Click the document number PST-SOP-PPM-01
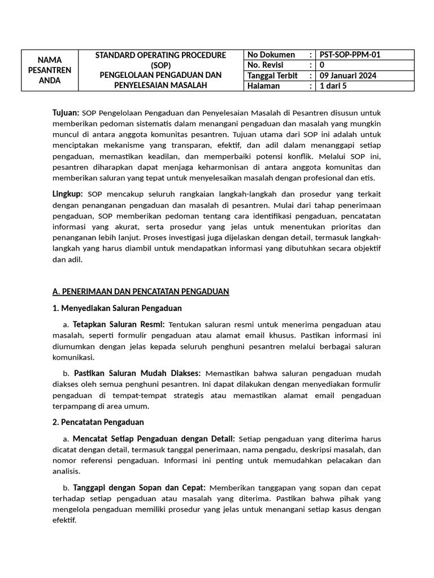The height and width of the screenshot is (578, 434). (350, 55)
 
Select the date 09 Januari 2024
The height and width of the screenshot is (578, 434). (348, 76)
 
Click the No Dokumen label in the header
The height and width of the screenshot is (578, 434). (271, 55)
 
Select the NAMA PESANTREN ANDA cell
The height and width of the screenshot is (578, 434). (50, 70)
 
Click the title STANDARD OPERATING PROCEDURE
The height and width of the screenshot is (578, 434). (160, 55)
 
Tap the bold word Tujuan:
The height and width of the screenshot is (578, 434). (66, 113)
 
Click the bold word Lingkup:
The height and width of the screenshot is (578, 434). (68, 194)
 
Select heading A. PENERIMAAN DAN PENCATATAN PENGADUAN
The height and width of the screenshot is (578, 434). (140, 291)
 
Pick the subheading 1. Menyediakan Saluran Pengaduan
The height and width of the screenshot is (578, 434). (117, 308)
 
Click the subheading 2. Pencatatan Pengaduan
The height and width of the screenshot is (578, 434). (98, 422)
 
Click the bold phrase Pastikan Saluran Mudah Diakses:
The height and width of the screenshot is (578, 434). (137, 373)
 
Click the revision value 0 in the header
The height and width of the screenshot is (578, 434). (322, 65)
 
